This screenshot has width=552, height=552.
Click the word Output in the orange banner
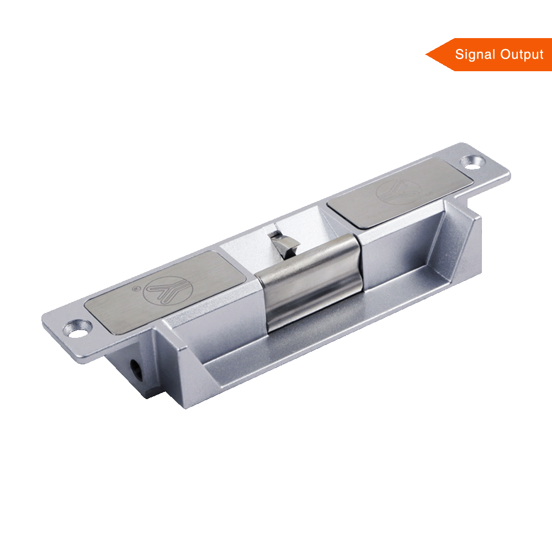click(522, 55)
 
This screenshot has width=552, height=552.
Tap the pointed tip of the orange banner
click(427, 54)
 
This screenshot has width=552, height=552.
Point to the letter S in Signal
click(459, 55)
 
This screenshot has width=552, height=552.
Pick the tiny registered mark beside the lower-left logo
click(135, 288)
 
